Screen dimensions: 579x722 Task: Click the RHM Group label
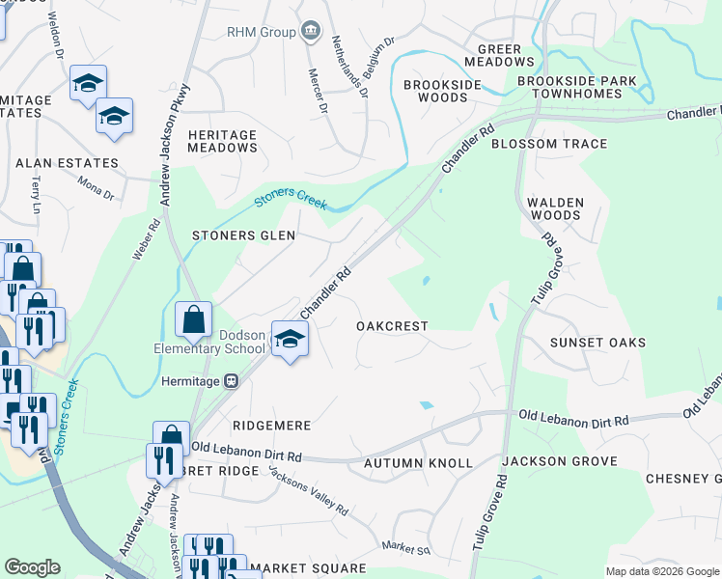[261, 32]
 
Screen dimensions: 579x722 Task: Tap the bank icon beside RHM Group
[311, 32]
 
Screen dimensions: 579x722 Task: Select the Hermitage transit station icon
[232, 380]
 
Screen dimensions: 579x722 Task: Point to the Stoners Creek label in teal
[291, 200]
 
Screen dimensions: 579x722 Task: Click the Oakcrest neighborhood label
[392, 326]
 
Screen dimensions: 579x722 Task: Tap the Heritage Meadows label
[223, 141]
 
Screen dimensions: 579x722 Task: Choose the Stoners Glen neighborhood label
[243, 234]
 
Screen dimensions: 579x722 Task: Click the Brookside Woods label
[443, 91]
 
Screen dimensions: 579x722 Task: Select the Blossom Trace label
[549, 144]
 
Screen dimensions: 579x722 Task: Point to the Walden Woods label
[555, 208]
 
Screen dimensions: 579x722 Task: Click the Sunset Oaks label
[597, 343]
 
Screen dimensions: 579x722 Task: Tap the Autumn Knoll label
[418, 463]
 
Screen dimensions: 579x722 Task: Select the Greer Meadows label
[492, 55]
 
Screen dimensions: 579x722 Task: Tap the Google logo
[32, 567]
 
